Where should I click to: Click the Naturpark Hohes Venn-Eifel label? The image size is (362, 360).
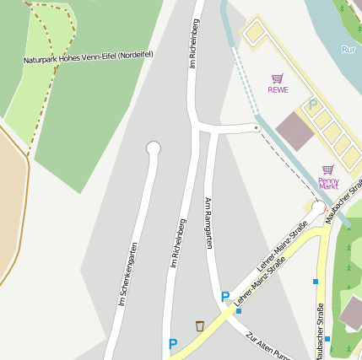point(88,58)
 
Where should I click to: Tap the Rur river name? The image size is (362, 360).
point(348,49)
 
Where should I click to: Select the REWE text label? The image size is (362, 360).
point(278,89)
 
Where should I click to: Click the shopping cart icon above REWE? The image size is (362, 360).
point(278,78)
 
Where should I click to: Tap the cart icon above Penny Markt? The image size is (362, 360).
point(327,169)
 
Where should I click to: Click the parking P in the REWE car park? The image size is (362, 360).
point(312,105)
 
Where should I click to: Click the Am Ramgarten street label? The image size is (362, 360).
point(208,223)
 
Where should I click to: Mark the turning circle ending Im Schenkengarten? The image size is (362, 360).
point(153,148)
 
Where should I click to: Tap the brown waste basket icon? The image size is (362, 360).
point(199,326)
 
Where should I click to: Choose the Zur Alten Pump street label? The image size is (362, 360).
point(267,346)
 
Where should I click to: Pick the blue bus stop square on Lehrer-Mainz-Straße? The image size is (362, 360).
point(239,311)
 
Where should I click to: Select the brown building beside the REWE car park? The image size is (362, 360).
point(294,131)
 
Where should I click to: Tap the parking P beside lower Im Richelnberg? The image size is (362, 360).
point(173,344)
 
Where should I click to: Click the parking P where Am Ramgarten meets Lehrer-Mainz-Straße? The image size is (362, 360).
point(224,297)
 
